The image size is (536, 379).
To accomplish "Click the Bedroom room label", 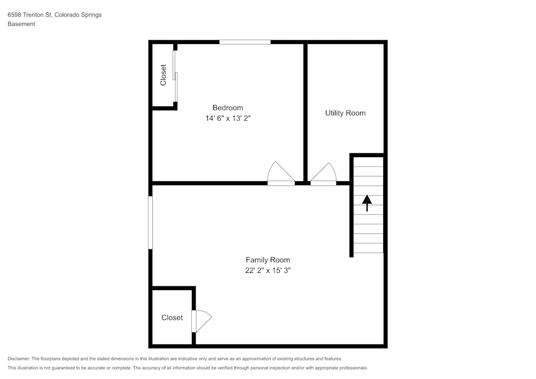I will (228, 108).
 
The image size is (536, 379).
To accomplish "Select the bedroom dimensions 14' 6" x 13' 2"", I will (228, 118).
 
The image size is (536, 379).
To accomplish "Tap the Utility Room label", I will (345, 113).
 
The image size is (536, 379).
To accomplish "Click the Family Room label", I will (267, 260).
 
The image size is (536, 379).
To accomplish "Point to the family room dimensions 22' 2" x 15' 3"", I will (267, 271).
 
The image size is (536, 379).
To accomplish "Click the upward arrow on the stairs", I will (367, 203).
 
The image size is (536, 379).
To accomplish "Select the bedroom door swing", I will (280, 173).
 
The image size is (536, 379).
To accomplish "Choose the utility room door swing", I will (324, 173).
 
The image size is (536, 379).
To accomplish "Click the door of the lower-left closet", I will (203, 321).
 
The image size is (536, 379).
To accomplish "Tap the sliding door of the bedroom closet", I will (175, 76).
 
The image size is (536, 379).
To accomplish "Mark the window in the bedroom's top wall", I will (245, 42).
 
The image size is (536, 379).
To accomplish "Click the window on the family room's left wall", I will (151, 222).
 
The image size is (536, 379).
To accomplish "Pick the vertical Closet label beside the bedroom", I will (163, 75).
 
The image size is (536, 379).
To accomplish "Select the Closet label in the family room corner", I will (172, 318).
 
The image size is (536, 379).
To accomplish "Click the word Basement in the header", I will (21, 24).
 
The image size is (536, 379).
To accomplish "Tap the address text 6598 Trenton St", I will (29, 15).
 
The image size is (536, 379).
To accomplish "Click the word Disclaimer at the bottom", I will (19, 359).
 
